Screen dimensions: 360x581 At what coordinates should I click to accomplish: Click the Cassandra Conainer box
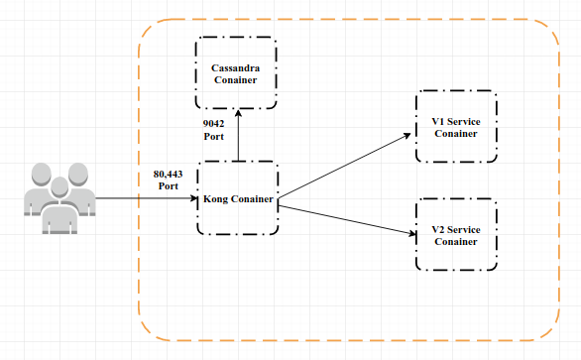coord(235,72)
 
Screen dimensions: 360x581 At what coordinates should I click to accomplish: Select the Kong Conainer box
coord(237,197)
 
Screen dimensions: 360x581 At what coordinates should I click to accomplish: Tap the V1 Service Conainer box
coord(456,126)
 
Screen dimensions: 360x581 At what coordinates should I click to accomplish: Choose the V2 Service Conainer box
coord(456,235)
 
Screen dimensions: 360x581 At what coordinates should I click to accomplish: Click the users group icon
coord(59,197)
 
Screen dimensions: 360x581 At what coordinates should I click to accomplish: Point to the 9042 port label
coord(214,129)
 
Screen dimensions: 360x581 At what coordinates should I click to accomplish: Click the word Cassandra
coord(235,67)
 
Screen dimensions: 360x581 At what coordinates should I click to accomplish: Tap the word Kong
coord(216,198)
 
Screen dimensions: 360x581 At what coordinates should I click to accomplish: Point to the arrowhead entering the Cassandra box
coord(237,113)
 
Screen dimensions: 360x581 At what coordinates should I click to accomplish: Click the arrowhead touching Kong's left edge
coord(194,198)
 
